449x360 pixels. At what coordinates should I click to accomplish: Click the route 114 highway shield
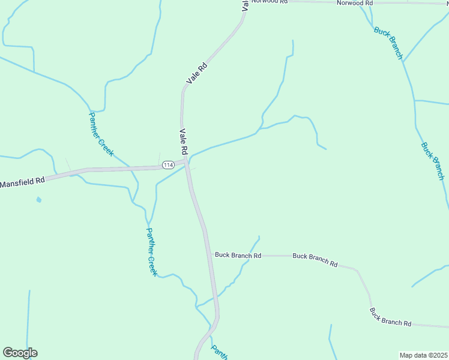pos(167,164)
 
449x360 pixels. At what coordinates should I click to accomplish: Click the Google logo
pos(20,352)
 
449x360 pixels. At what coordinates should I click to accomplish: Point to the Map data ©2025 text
pos(423,355)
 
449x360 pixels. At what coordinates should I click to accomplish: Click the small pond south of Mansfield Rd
pos(39,199)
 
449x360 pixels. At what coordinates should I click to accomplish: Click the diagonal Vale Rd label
pos(197,73)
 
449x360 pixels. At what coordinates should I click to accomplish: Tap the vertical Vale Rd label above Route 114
pos(184,141)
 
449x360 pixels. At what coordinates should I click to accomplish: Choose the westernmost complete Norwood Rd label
pos(269,2)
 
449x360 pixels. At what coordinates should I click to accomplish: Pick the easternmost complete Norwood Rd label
pos(355,3)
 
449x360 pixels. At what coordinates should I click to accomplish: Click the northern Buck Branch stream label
pos(388,42)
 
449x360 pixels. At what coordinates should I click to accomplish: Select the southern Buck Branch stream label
pos(432,161)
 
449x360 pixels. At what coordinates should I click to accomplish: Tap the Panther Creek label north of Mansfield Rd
pos(101,134)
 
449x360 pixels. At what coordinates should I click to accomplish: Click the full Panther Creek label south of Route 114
pos(151,251)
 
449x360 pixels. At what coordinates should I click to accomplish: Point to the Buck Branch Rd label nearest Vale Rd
pos(238,256)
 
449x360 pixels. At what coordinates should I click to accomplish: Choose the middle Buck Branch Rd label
pos(315,260)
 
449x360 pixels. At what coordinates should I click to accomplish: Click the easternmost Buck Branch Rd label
pos(390,317)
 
